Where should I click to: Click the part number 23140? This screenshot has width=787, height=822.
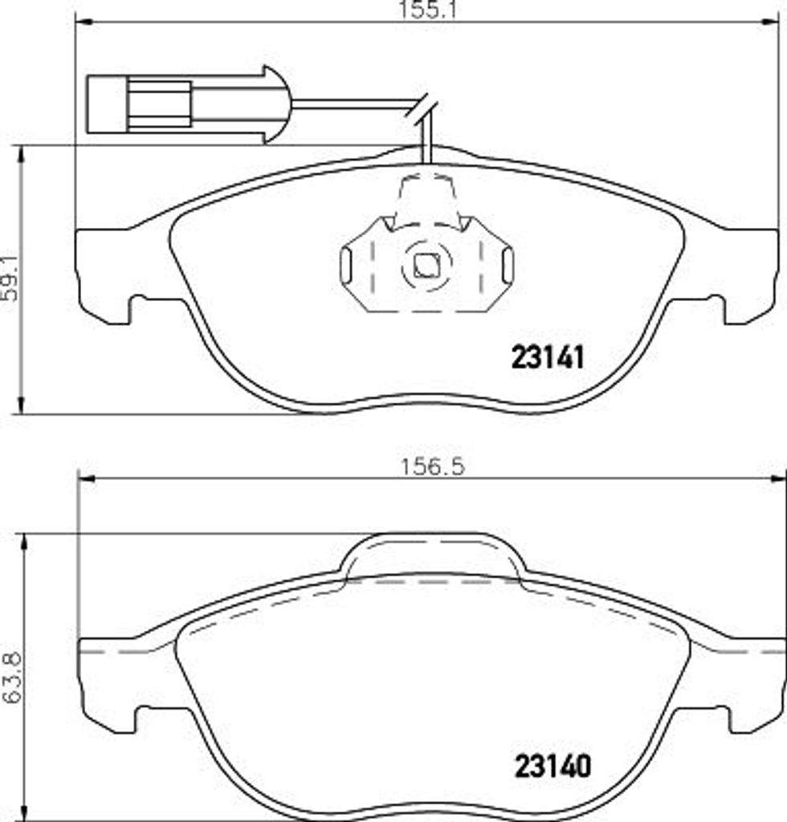pos(553,767)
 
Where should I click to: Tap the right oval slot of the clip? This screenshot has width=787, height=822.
pos(508,265)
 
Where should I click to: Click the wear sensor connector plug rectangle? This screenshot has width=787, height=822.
pos(139,104)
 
